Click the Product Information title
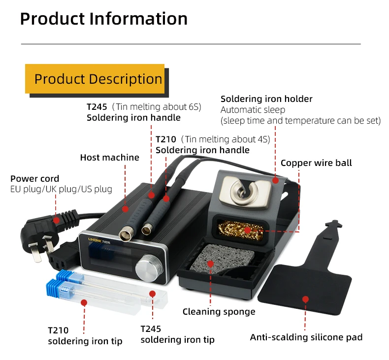coord(103,19)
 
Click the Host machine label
coord(109,158)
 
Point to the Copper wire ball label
coord(316,163)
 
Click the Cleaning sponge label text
coord(219,311)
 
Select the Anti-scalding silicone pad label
coord(306,337)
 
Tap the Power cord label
coord(34,179)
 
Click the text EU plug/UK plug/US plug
coord(61,189)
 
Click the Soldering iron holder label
coord(266,99)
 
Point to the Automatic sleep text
coord(253,110)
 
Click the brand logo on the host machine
coord(100,237)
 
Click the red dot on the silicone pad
coord(305,299)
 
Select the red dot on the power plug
coord(57,220)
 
